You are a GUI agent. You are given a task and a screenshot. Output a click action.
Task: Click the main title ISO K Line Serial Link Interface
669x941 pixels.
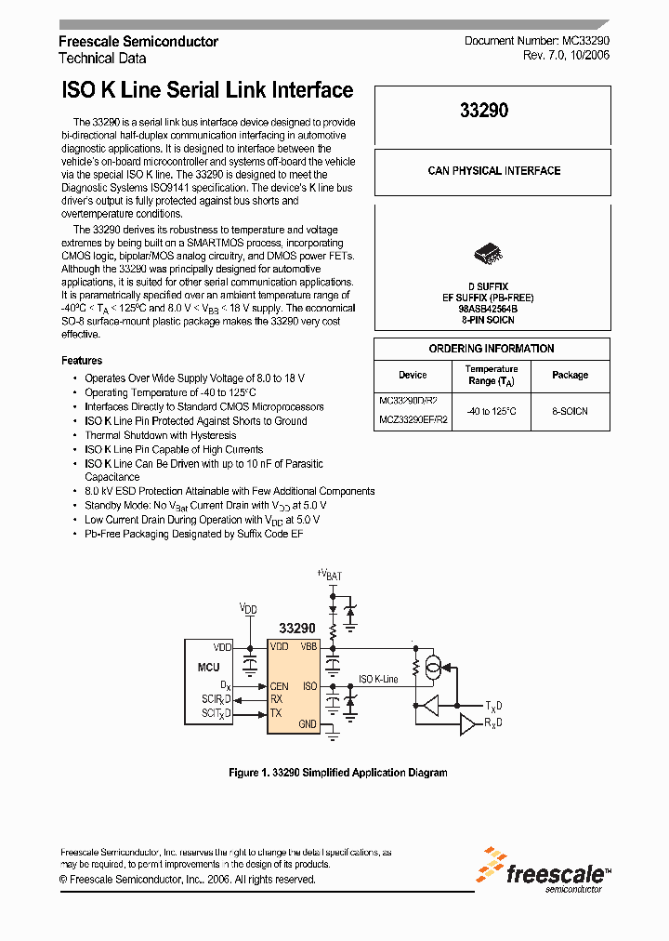pyautogui.click(x=207, y=90)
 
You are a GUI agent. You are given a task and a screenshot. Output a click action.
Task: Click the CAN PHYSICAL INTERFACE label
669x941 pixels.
pyautogui.click(x=493, y=171)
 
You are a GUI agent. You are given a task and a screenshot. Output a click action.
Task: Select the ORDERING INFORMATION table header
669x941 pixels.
pyautogui.click(x=492, y=349)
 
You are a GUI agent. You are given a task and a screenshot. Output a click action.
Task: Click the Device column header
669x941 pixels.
pyautogui.click(x=413, y=375)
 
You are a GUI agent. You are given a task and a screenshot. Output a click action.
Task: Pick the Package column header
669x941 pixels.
pyautogui.click(x=570, y=375)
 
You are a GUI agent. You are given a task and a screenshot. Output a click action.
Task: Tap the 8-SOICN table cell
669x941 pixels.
pyautogui.click(x=570, y=410)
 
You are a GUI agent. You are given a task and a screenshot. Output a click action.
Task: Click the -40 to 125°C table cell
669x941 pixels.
pyautogui.click(x=492, y=410)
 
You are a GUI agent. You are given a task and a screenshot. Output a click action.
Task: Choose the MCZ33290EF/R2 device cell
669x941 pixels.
pyautogui.click(x=413, y=419)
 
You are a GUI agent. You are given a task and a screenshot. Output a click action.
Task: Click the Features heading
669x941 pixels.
pyautogui.click(x=82, y=361)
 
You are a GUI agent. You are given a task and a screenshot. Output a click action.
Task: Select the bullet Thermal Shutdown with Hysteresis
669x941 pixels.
pyautogui.click(x=160, y=435)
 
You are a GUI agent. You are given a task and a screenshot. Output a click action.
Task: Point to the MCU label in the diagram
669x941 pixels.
pyautogui.click(x=209, y=667)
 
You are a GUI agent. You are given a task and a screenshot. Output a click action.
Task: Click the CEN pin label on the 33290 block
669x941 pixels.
pyautogui.click(x=279, y=686)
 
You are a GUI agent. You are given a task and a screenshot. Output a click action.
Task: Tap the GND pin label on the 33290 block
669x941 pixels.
pyautogui.click(x=308, y=723)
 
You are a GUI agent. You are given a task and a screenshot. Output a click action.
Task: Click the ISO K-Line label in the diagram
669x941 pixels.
pyautogui.click(x=378, y=679)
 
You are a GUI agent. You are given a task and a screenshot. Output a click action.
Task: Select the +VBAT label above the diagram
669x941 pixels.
pyautogui.click(x=329, y=575)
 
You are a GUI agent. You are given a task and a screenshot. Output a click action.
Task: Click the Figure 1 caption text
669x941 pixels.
pyautogui.click(x=338, y=773)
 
